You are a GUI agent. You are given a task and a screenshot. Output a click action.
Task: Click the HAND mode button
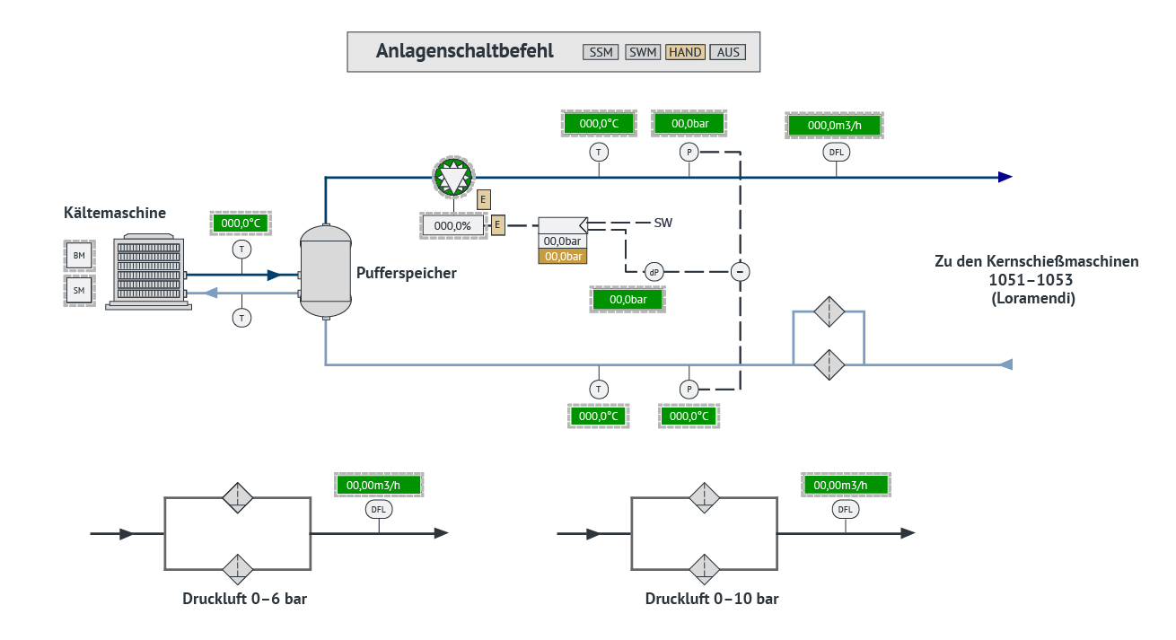pos(685,52)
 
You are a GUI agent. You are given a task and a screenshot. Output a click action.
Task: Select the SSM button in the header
pos(601,52)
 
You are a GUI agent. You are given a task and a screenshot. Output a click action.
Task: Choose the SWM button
pos(643,52)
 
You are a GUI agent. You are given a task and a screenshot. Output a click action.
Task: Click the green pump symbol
pos(452,177)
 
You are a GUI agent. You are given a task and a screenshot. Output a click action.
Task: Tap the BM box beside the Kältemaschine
pos(79,256)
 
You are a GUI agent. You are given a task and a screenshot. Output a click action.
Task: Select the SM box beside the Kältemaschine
pos(79,290)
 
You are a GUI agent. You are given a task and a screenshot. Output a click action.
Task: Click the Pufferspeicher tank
pos(325,271)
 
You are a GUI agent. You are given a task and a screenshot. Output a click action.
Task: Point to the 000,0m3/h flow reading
pos(835,125)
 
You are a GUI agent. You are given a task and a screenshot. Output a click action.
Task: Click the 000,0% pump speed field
pos(452,225)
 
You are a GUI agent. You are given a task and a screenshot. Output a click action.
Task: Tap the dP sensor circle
pos(654,271)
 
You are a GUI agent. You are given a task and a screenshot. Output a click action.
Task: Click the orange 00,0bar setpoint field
pos(562,257)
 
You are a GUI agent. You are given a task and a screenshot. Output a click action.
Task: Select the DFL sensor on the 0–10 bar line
pos(845,510)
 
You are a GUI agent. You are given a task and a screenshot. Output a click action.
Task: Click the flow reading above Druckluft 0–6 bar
pos(378,485)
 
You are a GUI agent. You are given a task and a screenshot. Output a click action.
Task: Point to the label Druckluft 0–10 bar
pos(712,599)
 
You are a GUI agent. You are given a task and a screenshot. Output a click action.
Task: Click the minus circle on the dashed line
pos(740,271)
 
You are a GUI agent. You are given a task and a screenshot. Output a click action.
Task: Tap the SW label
pos(663,223)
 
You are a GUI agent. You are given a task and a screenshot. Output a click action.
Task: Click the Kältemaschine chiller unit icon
pos(148,273)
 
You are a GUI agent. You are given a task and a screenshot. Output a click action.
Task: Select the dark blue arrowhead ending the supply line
pos(1005,177)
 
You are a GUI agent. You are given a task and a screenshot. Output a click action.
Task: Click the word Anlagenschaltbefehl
pos(464,51)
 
